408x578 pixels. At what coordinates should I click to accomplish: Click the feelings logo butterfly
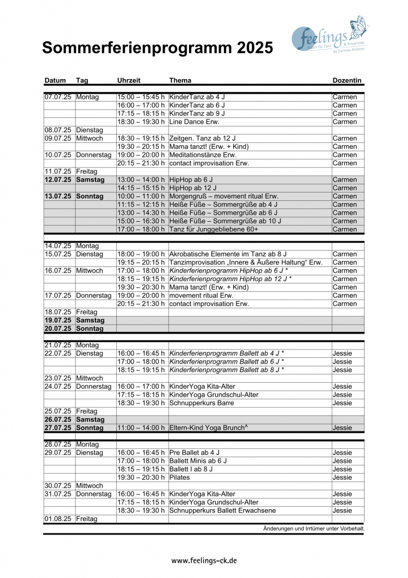358,27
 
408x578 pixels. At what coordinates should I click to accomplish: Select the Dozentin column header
347,81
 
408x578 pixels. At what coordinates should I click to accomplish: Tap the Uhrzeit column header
129,81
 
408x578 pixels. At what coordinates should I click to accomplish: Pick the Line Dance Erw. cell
194,122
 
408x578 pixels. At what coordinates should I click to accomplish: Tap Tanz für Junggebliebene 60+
211,229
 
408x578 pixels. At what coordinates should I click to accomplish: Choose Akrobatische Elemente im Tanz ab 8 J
228,254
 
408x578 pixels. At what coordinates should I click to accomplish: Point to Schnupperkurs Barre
201,403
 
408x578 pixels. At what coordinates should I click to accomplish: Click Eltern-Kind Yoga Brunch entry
208,428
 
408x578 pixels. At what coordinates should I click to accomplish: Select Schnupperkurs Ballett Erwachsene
222,511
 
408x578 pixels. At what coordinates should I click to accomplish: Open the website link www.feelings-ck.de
204,561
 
